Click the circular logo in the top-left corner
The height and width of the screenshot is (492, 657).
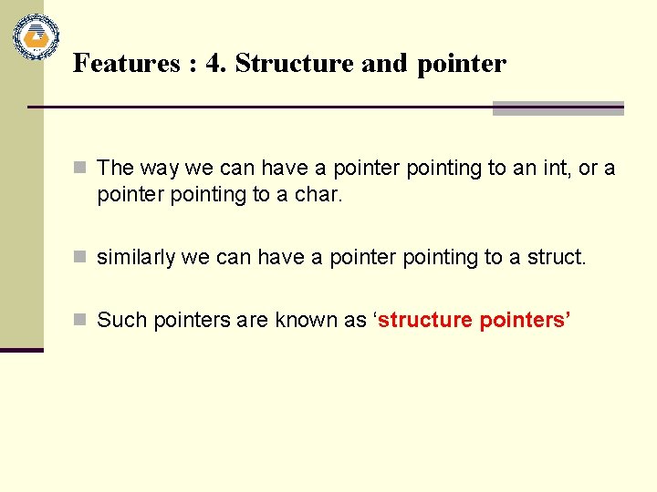click(x=36, y=37)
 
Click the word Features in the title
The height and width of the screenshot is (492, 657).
click(x=114, y=64)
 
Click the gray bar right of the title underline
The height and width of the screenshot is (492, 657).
click(x=558, y=108)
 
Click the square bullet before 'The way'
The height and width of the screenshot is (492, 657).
click(x=80, y=169)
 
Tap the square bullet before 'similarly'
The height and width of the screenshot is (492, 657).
click(x=80, y=258)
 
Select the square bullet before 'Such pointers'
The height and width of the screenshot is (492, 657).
click(x=80, y=321)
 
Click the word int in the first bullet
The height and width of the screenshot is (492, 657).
click(x=541, y=169)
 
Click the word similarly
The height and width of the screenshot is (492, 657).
click(x=136, y=258)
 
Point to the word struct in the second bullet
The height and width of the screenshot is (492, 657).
click(x=556, y=258)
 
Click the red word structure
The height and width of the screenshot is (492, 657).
click(x=425, y=321)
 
